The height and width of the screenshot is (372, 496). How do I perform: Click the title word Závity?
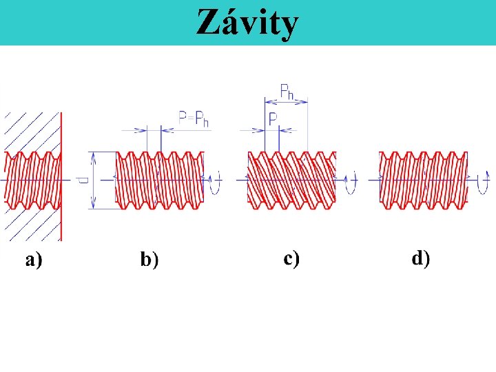[x=247, y=22]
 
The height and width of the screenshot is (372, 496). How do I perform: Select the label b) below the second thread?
[x=149, y=260]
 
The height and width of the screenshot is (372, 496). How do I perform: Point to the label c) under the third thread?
[x=291, y=258]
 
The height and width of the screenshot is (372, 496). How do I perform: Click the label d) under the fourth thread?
[x=420, y=258]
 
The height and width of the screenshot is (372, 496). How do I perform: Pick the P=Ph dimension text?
[x=194, y=118]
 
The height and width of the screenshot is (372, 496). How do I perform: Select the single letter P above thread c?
[x=273, y=118]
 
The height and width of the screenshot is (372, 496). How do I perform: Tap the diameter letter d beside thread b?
[x=83, y=179]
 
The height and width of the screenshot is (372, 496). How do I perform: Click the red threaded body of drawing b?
[x=160, y=179]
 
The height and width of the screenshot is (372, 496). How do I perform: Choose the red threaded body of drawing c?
[x=291, y=179]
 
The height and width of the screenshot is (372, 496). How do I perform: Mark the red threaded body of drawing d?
[x=423, y=179]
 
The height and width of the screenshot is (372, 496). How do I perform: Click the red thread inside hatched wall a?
[x=32, y=180]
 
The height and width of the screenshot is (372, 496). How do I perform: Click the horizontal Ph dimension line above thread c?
[x=286, y=101]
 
